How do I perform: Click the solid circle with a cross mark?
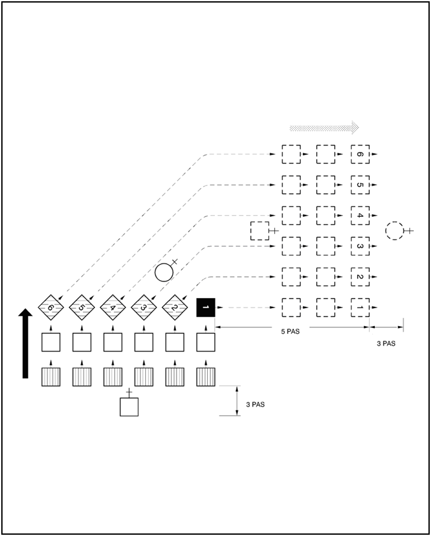(164, 272)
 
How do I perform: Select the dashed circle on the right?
(395, 230)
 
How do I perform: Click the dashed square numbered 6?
(360, 154)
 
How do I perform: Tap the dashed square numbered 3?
(360, 246)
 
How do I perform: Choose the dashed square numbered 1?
(360, 308)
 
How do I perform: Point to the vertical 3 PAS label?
(256, 405)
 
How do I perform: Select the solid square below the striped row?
(129, 406)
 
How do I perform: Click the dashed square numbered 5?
(360, 185)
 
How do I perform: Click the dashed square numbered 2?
(360, 277)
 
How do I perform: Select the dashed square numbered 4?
(360, 216)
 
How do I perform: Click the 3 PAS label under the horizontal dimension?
(386, 343)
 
